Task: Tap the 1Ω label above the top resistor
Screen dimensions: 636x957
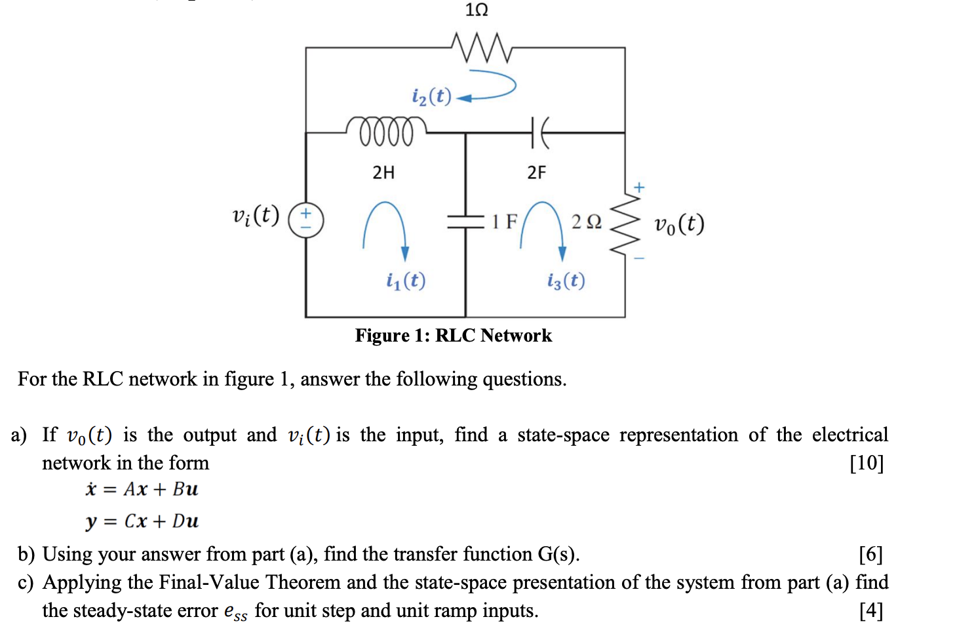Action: tap(477, 10)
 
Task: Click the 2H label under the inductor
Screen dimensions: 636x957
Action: tap(383, 172)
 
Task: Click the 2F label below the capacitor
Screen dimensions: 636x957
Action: tap(536, 172)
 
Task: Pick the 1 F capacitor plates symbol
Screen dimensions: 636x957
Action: tap(465, 222)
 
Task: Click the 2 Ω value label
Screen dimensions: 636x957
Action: tap(586, 222)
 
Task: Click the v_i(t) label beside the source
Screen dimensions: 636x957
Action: tap(256, 215)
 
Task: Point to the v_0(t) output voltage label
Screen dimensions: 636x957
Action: tap(679, 224)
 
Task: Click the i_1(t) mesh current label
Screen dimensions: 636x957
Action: tap(406, 281)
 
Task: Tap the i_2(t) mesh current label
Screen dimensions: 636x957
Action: tap(431, 96)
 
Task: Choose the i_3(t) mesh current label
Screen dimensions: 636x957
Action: tap(566, 281)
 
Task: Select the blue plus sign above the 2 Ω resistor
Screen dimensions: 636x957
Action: tap(639, 188)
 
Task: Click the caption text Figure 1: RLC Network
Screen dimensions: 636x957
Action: tap(453, 336)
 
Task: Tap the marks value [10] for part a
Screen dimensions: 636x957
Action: tap(867, 463)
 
